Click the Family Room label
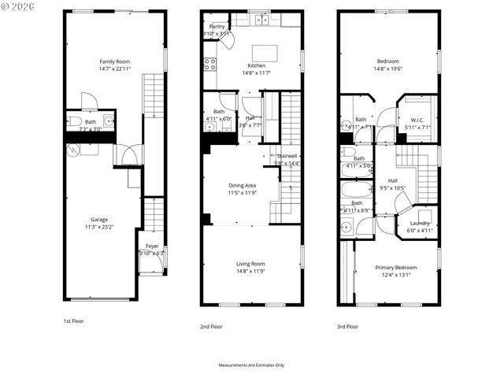(x=114, y=61)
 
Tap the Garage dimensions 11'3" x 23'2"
(x=99, y=227)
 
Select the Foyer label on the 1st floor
(x=152, y=246)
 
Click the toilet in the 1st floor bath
(x=72, y=121)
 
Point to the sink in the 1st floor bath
(x=109, y=121)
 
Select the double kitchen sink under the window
(x=261, y=19)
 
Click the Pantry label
(x=217, y=26)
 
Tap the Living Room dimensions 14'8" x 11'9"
(x=251, y=272)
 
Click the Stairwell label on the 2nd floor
(x=287, y=156)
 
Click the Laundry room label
(x=420, y=223)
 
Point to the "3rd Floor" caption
(x=347, y=326)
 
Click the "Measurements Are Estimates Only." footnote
(x=251, y=365)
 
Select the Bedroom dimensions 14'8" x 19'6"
(x=388, y=69)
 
